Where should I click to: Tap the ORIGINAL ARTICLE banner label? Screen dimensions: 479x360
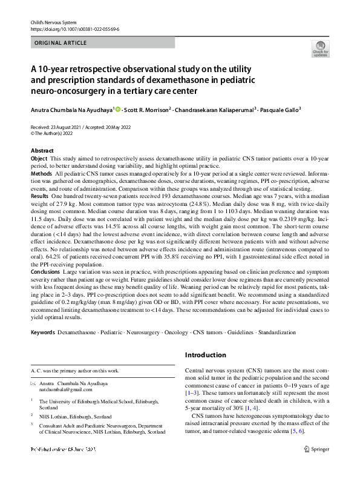point(61,43)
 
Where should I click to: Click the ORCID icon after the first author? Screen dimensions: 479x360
point(117,110)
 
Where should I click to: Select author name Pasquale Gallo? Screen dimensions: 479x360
point(283,110)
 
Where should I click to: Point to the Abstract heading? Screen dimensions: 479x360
point(42,150)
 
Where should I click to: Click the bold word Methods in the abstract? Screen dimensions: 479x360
point(41,173)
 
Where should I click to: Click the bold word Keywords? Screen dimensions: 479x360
point(42,333)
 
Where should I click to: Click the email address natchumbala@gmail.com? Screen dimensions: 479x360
point(67,390)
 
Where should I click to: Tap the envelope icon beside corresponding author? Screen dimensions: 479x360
point(34,384)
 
